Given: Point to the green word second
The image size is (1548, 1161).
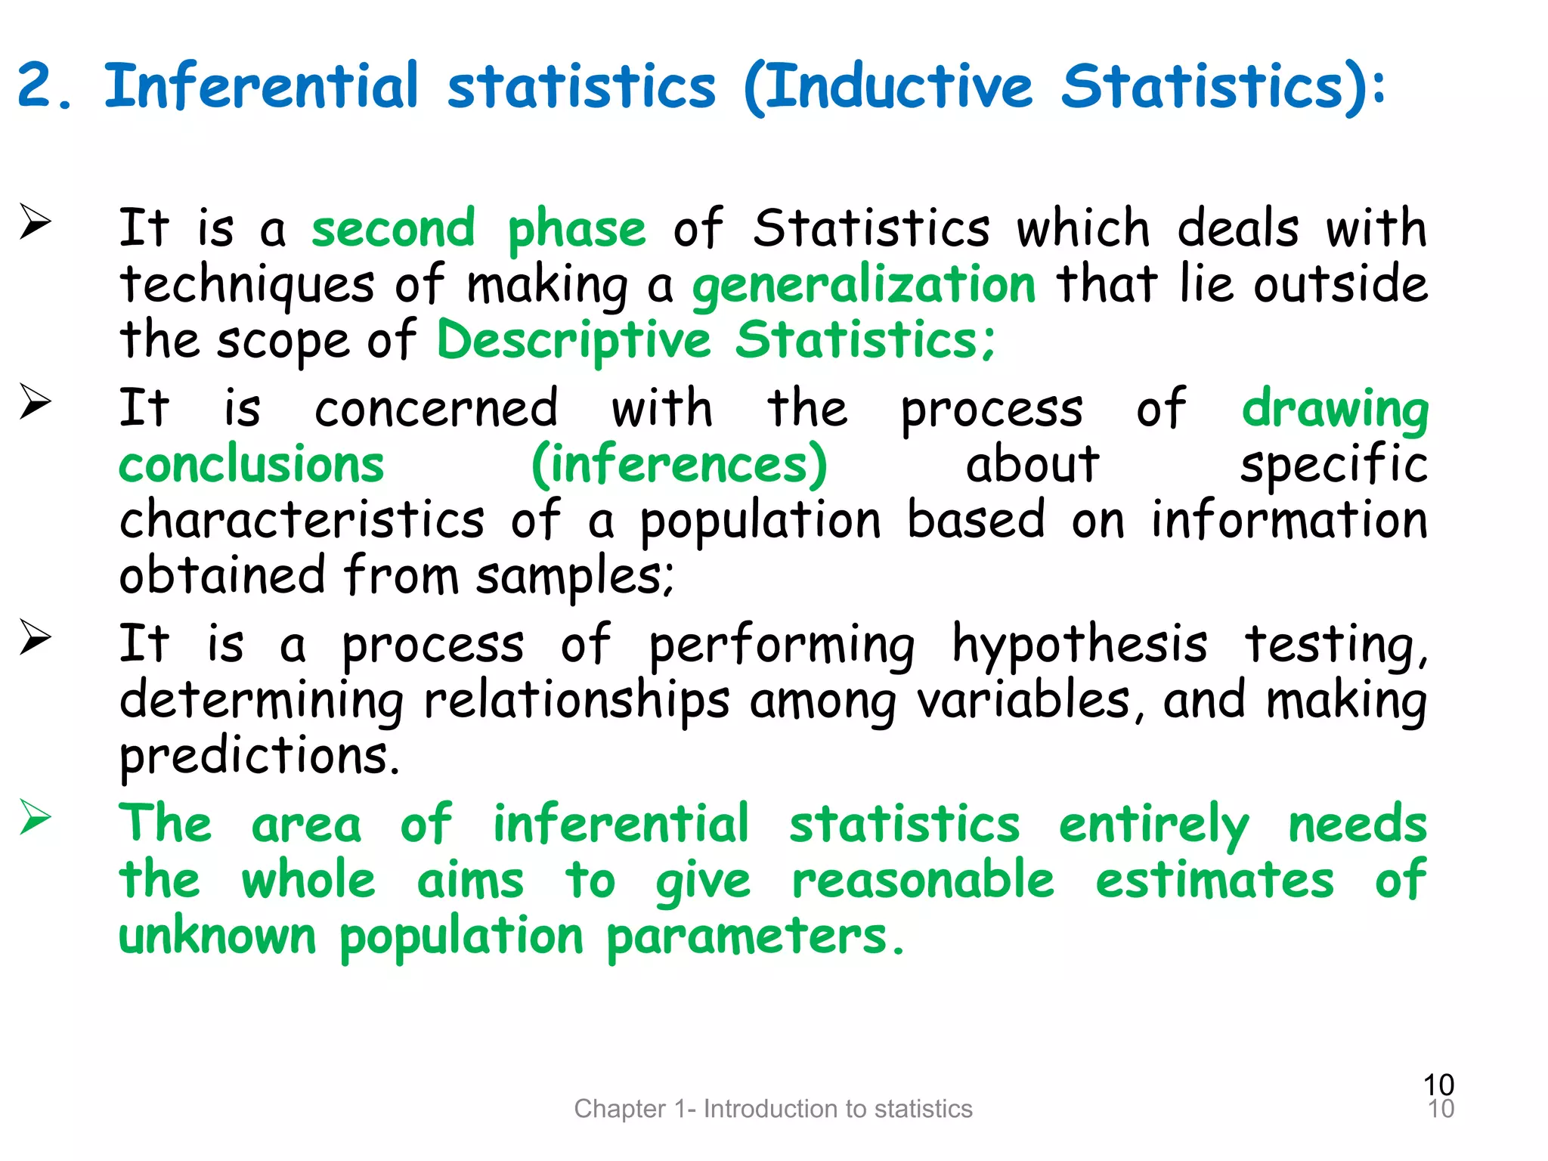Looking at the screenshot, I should pos(393,228).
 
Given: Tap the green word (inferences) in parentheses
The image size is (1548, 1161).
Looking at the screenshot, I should pos(680,465).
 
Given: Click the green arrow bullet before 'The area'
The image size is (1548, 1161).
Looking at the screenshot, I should pos(36,818).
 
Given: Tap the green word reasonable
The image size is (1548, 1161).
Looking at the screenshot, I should pos(923,880).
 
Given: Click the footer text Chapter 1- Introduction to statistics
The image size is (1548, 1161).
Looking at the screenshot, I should pos(773,1109).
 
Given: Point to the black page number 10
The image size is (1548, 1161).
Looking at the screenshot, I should pos(1438,1085).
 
